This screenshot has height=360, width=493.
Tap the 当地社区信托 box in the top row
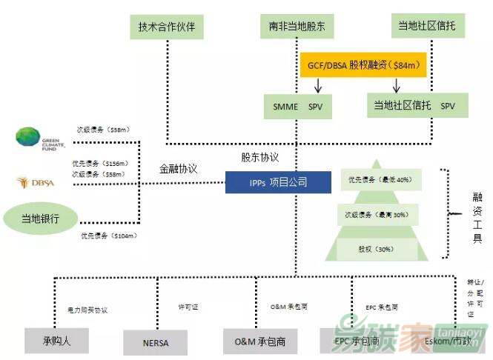pos(428,27)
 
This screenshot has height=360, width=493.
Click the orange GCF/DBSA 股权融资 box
pos(363,65)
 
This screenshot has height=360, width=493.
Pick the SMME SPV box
pos(297,106)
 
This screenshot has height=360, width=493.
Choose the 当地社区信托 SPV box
pos(417,106)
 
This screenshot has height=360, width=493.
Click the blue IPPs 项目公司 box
pos(277,181)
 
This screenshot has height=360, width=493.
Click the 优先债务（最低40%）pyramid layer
pos(380,180)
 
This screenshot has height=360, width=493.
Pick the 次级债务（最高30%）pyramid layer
pos(380,215)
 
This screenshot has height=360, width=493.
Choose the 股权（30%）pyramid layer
pos(380,248)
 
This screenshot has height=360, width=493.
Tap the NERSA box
pos(156,342)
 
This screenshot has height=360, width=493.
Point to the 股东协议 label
pos(259,157)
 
